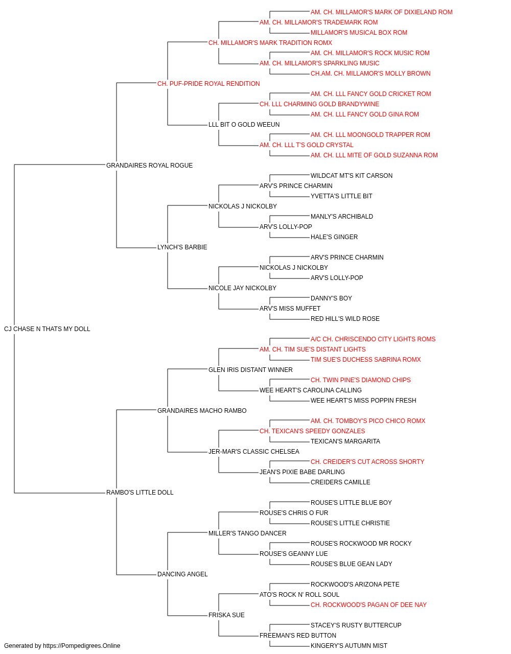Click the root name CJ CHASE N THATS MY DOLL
[x=47, y=329]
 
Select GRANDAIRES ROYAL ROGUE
[x=149, y=165]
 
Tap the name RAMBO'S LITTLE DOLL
[x=140, y=493]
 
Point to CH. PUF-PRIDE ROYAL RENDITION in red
[x=208, y=84]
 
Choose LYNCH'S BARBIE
[x=182, y=247]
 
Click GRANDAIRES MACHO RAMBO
[x=202, y=410]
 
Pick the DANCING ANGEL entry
[x=182, y=574]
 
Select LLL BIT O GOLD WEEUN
[x=244, y=125]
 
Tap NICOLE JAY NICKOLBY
[x=242, y=288]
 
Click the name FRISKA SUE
[x=226, y=615]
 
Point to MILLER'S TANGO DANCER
[x=247, y=533]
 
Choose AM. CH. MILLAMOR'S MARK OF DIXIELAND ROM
[x=381, y=12]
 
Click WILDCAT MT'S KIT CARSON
[x=351, y=175]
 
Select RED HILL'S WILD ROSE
[x=345, y=319]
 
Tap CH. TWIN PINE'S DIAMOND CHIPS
[x=361, y=380]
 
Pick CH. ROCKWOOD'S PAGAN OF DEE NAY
[x=368, y=605]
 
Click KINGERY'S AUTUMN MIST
[x=349, y=646]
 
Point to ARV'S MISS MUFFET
[x=290, y=309]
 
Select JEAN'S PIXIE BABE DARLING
[x=302, y=472]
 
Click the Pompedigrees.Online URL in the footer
[x=81, y=646]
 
